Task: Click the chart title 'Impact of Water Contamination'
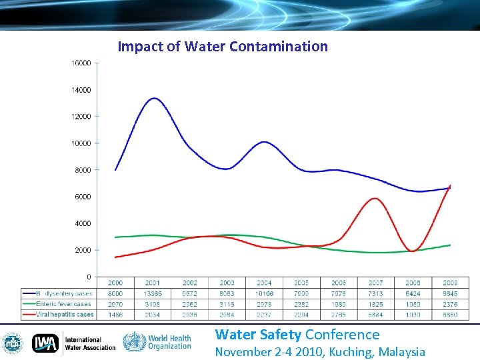click(223, 47)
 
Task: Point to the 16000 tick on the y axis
click(81, 63)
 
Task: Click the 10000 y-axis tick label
click(81, 143)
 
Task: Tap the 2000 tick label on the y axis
click(83, 250)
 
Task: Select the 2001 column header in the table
click(153, 283)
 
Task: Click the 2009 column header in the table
click(451, 283)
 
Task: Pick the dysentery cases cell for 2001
click(153, 293)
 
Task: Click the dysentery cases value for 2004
click(265, 293)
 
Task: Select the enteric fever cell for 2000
click(115, 304)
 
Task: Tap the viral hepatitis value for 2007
click(376, 314)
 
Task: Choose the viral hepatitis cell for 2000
click(115, 314)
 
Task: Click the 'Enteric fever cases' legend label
click(63, 304)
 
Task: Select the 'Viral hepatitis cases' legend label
click(65, 314)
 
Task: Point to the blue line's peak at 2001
click(153, 99)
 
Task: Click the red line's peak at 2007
click(376, 198)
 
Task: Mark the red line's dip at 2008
click(413, 251)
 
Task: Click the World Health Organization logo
click(157, 343)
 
